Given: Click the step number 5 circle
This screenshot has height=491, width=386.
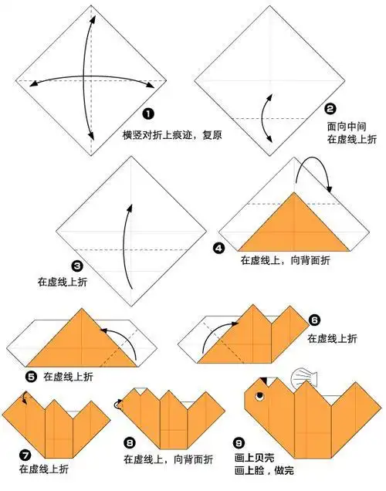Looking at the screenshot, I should [31, 377].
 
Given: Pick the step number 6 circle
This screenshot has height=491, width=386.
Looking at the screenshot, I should [314, 319].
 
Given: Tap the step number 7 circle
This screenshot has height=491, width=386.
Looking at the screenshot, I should [25, 454].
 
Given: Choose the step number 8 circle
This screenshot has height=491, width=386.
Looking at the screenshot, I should [129, 443].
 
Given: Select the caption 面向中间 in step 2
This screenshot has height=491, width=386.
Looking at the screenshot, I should [345, 124].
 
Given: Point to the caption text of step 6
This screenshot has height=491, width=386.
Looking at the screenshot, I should [333, 338].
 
